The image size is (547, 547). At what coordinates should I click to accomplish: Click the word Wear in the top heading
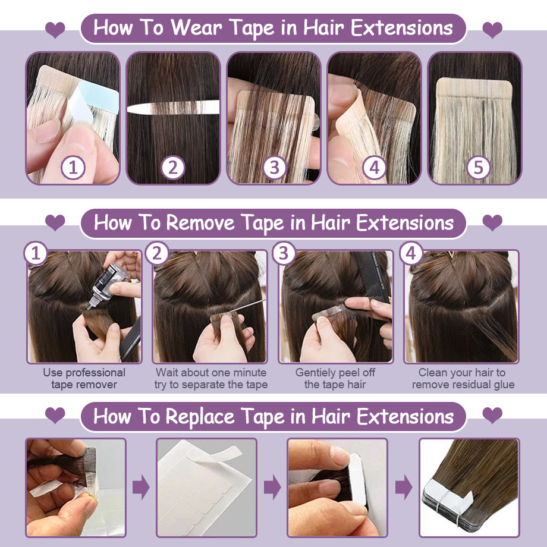click(196, 28)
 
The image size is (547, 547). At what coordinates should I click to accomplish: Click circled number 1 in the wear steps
click(73, 168)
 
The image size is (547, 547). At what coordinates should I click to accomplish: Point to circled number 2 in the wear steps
click(173, 168)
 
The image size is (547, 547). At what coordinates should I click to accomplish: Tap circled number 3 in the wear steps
click(275, 168)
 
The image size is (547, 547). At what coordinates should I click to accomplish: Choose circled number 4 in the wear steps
click(375, 168)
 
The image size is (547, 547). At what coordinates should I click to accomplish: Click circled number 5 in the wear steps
click(478, 168)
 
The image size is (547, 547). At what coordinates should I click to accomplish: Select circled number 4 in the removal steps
click(411, 253)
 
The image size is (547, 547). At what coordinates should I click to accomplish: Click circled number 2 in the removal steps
click(157, 253)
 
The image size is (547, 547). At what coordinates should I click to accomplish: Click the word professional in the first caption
click(96, 373)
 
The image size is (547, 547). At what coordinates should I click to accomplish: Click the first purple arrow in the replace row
click(142, 486)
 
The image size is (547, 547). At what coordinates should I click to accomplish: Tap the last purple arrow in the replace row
click(404, 486)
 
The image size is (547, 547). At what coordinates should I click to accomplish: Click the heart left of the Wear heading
click(55, 29)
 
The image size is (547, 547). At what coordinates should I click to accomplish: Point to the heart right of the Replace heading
click(492, 415)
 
